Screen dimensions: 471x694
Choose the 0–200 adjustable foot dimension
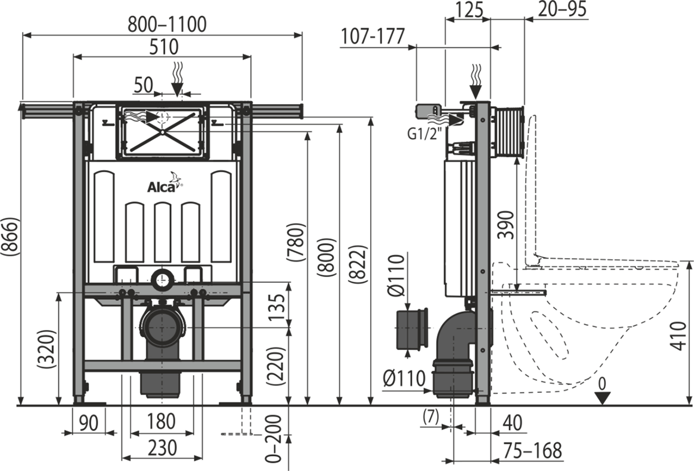tap(276, 439)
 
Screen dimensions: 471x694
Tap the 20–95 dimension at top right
tap(562, 9)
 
